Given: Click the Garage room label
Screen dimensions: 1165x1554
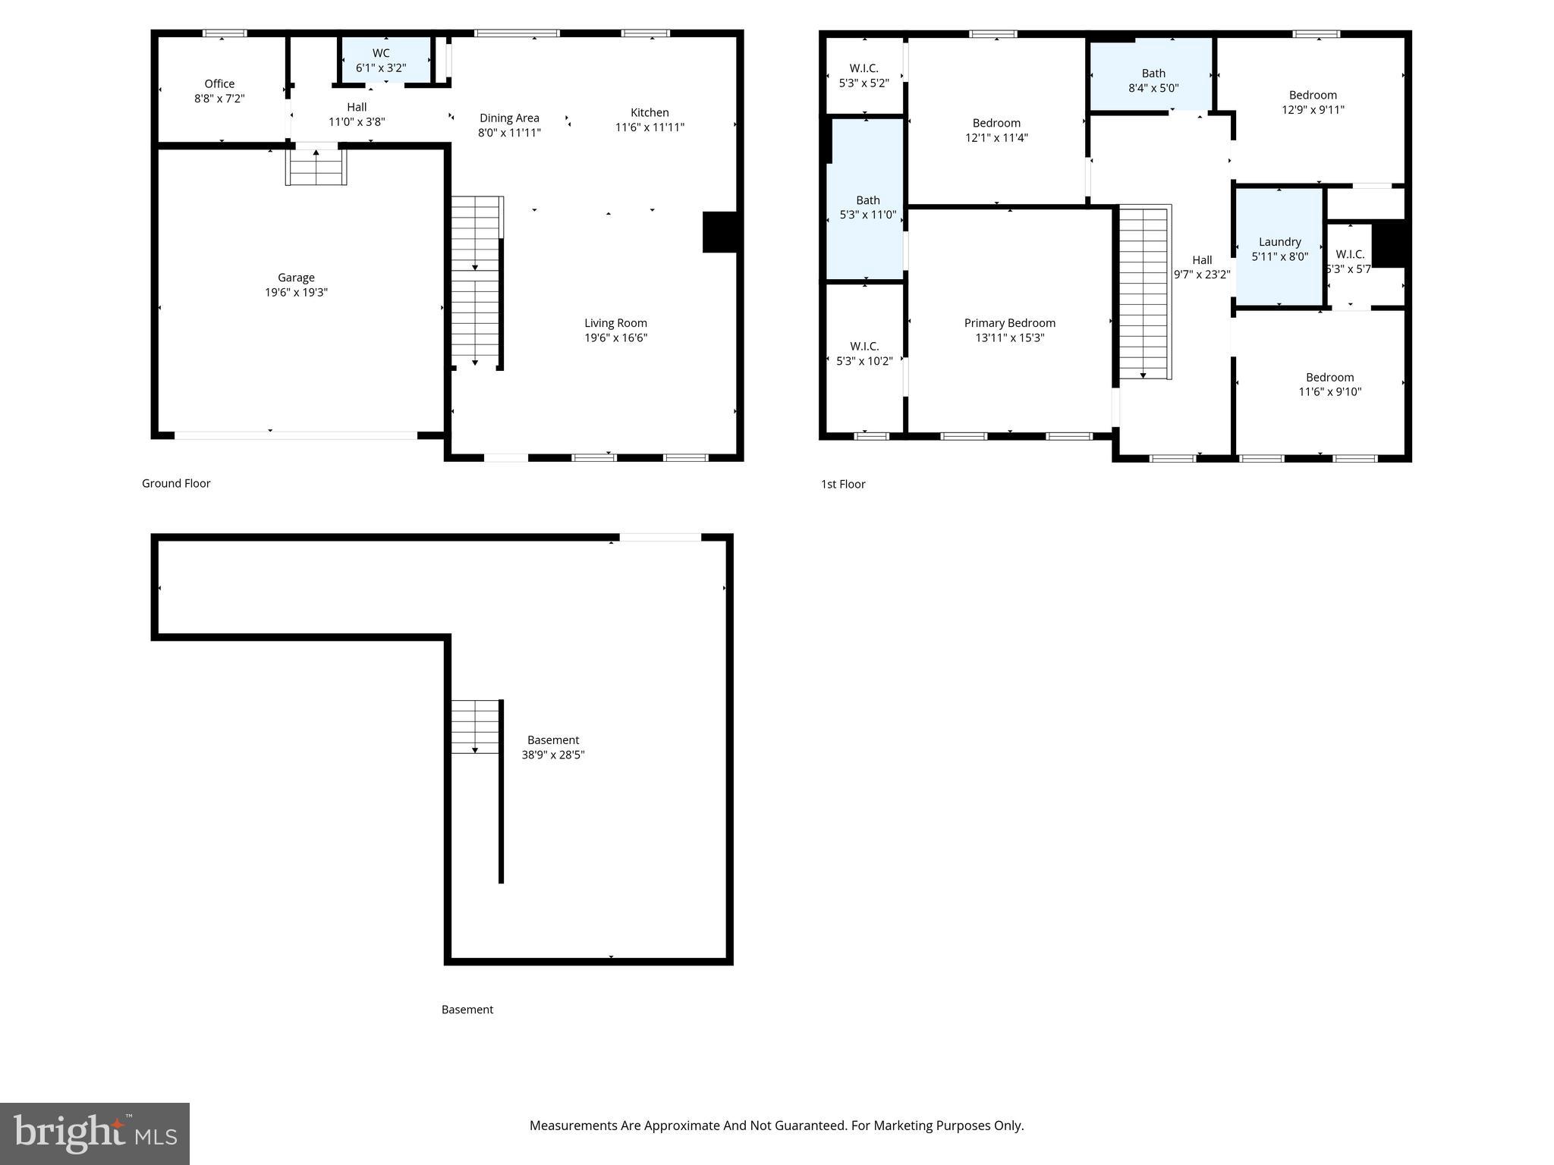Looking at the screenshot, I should coord(296,278).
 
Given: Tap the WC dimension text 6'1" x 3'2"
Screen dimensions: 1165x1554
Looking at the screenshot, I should coord(381,68).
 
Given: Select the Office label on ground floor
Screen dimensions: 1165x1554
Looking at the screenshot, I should coord(219,84).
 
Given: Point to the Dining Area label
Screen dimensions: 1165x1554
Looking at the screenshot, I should coord(509,118).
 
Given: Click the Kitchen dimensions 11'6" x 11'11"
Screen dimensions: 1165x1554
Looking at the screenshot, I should coord(650,127).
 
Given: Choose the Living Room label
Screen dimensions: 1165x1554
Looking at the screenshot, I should coord(615,323).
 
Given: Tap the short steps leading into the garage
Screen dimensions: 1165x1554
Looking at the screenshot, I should coord(316,168).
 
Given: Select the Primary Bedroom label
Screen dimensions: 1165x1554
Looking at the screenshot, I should coord(1009,323).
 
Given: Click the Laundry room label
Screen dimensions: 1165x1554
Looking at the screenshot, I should coord(1279,242).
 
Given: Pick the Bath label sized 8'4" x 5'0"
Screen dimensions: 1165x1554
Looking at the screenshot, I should coord(1153,74).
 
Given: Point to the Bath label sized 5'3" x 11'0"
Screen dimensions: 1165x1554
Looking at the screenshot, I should coord(867,200).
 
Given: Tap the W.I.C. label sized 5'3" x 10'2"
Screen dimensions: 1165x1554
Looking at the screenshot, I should coord(864,347).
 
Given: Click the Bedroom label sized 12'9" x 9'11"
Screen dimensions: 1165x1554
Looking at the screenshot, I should coord(1313,96).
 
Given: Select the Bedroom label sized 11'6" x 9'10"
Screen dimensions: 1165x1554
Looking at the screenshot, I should coord(1329,378).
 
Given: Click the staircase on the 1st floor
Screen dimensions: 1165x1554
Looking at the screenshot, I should coord(1144,292).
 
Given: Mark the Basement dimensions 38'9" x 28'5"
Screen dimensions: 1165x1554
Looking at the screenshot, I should coord(553,755).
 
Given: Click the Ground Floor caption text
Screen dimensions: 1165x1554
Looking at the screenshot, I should coord(176,483).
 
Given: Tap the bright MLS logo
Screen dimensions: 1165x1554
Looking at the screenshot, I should coord(95,1133).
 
